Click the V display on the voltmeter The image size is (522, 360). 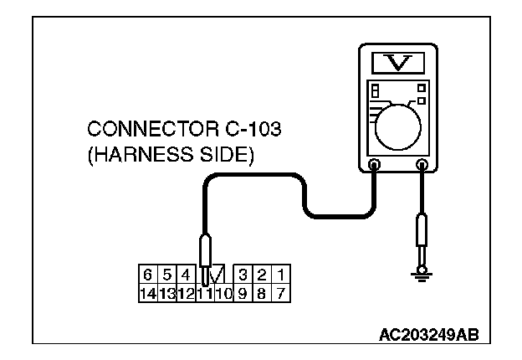pyautogui.click(x=398, y=62)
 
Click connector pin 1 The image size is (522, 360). pyautogui.click(x=282, y=273)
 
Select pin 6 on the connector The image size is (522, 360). pyautogui.click(x=147, y=273)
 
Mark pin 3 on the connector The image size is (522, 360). pyautogui.click(x=243, y=273)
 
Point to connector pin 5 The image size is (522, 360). pyautogui.click(x=166, y=273)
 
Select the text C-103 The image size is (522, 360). pyautogui.click(x=219, y=131)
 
